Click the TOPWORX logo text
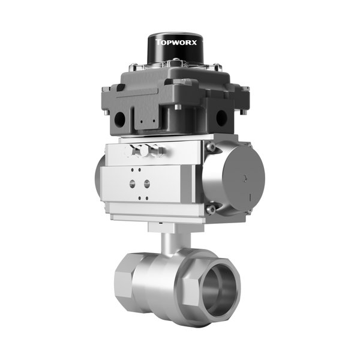coord(176,42)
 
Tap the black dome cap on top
coord(176,49)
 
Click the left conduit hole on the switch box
coord(119,118)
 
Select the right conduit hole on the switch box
coord(221,118)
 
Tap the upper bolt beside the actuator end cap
coord(211,147)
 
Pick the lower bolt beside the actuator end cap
coord(211,209)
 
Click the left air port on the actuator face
coord(132,184)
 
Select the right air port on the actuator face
coord(147,184)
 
